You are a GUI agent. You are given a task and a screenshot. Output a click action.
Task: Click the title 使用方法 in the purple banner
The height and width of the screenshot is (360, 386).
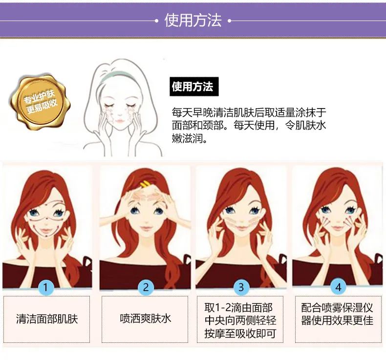click(193, 21)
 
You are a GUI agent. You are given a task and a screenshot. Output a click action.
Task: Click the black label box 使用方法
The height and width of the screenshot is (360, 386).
click(193, 87)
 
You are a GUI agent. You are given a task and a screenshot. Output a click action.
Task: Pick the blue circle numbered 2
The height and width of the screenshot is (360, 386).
click(145, 287)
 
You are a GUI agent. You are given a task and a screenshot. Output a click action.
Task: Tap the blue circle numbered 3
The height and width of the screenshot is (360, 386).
click(241, 287)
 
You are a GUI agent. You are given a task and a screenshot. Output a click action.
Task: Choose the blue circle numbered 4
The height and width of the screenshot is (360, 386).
click(338, 287)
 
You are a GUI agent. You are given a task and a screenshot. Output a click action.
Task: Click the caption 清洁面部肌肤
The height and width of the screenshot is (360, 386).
click(47, 319)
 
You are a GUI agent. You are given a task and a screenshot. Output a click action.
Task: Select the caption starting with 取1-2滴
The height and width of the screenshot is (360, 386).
click(241, 320)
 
